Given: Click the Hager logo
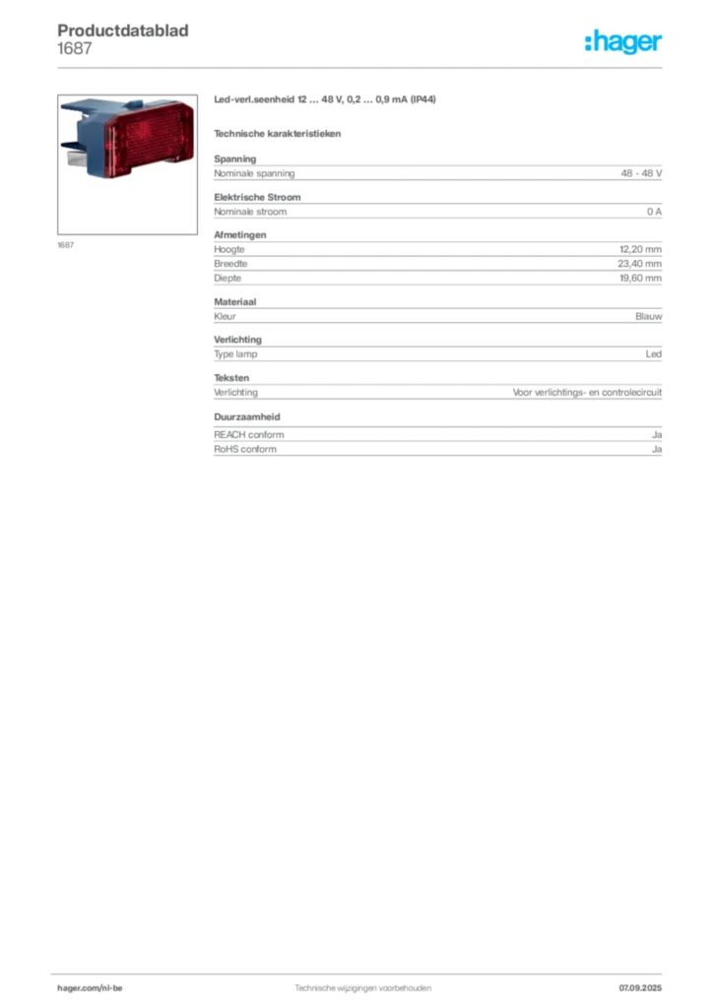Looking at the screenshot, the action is tap(623, 41).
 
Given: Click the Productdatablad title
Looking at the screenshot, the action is tap(123, 31).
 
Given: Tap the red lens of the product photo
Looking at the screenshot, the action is tap(149, 138).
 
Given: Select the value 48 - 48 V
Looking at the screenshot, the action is tap(641, 173).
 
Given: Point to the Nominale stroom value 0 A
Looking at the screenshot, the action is tap(655, 212).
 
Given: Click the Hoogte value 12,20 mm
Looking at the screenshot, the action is tap(640, 249).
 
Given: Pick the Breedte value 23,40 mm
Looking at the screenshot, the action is tap(640, 264).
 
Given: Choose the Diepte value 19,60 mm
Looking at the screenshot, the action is tap(640, 279).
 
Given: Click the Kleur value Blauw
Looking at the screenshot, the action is tap(649, 316).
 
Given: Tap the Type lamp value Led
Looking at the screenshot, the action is tap(654, 354).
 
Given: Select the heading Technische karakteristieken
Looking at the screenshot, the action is tap(277, 134).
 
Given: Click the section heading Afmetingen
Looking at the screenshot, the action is tap(240, 234).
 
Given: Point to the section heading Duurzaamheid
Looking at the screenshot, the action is tap(247, 416).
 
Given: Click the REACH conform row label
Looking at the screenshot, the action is tap(249, 434).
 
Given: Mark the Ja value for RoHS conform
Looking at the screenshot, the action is tap(657, 449).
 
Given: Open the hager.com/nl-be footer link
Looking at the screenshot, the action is tap(90, 988).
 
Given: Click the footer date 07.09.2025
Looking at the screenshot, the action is tap(640, 988).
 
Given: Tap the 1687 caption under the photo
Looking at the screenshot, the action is tap(66, 245).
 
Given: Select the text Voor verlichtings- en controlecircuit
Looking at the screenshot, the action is tap(587, 392).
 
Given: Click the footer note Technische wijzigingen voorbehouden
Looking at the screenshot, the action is tap(363, 988).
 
